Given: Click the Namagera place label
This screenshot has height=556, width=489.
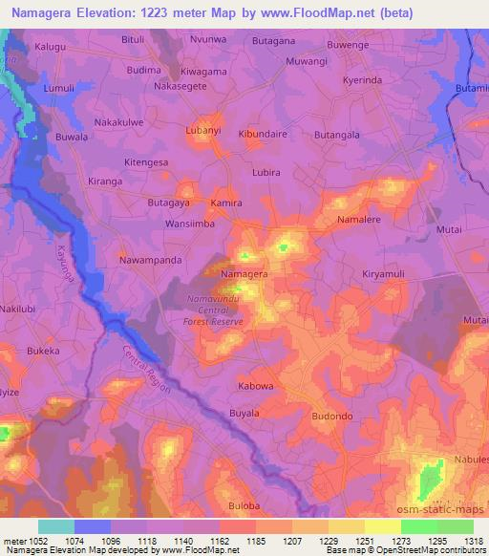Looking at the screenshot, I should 244,274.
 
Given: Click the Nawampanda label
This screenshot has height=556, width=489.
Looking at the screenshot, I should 150,259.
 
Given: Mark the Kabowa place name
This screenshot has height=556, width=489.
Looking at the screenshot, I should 255,386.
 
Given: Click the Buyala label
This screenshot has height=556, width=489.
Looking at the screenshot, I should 244,413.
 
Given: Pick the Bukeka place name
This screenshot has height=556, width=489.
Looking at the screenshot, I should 43,352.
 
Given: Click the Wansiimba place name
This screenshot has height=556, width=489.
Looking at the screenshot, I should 191,224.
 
